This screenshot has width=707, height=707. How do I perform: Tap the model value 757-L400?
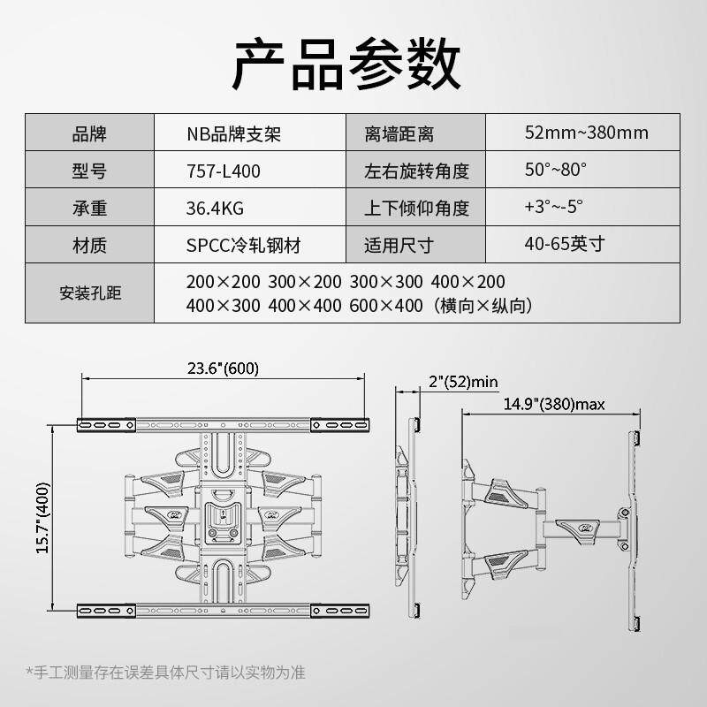(x=224, y=171)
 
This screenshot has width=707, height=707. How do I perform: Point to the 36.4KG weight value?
(x=215, y=209)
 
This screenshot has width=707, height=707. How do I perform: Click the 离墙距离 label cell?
(x=399, y=134)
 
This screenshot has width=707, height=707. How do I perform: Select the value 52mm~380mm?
(x=586, y=133)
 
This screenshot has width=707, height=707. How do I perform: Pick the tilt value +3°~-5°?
(x=553, y=207)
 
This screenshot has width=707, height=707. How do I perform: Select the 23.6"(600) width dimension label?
(x=223, y=369)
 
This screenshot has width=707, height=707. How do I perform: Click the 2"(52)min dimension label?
(x=463, y=382)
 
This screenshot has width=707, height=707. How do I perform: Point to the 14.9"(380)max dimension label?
(x=554, y=405)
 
